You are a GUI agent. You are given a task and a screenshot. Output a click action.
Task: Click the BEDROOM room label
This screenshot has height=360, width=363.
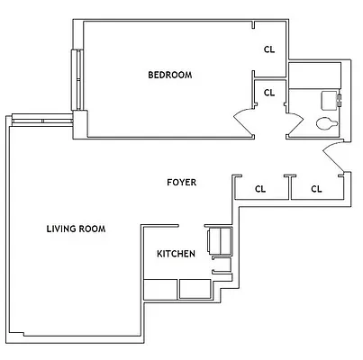coord(169,75)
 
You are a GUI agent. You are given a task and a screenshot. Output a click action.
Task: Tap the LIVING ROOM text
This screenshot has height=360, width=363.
coord(76,229)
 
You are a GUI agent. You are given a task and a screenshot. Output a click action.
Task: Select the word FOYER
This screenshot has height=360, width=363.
coord(181,183)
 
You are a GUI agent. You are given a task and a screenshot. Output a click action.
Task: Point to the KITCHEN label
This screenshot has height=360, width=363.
coord(176,255)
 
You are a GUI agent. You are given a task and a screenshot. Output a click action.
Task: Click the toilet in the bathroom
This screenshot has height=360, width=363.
coord(326,122)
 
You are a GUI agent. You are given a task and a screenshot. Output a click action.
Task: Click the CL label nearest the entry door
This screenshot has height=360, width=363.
coord(316,189)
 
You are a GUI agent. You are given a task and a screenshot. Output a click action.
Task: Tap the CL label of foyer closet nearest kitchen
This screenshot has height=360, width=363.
coord(260,189)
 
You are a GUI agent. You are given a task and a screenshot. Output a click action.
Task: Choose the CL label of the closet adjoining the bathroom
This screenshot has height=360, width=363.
coord(268,92)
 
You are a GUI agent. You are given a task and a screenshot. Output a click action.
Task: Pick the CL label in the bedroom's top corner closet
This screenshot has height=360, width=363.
coord(268,49)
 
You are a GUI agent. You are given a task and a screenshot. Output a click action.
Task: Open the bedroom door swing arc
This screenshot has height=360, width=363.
coord(244,118)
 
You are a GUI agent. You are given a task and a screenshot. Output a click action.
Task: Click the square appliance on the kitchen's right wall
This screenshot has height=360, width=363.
coord(219,240)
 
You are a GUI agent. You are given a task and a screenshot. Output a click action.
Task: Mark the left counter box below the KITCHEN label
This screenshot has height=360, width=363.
coord(159,288)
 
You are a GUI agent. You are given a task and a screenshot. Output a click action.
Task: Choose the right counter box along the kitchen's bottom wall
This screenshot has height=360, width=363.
coord(195,288)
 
